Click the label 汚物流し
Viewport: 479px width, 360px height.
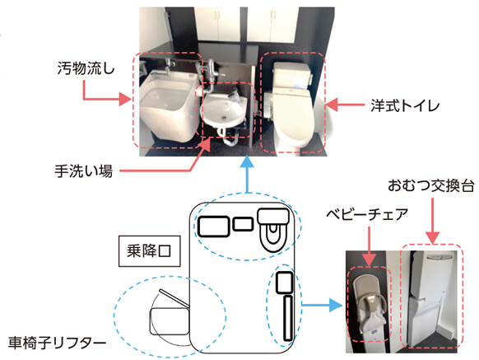(86, 68)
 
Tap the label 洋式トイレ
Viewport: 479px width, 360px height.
(406, 105)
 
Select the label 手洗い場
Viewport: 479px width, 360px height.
(83, 171)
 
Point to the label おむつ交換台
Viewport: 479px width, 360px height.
(431, 185)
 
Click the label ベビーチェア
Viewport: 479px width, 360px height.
(367, 214)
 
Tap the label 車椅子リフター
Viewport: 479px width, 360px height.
(57, 343)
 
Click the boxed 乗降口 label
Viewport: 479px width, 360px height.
(150, 251)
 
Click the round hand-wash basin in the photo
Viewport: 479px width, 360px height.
(223, 110)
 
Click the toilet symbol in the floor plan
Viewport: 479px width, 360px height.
(273, 229)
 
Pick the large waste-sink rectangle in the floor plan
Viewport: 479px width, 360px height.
(214, 227)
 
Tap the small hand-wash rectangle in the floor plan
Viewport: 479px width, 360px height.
(243, 224)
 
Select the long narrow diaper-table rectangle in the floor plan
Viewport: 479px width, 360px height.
(288, 318)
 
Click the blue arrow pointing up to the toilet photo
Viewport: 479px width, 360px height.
(247, 175)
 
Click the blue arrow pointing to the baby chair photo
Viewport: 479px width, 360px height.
(322, 305)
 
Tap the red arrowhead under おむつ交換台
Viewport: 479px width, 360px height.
(432, 238)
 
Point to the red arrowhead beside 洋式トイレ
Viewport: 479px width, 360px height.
(332, 105)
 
